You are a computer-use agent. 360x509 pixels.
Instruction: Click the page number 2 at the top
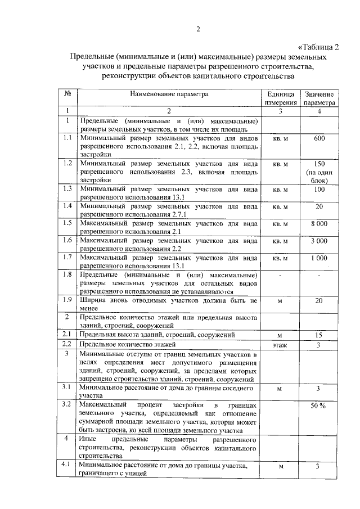[x=198, y=30]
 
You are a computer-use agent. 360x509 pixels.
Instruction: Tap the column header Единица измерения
[x=280, y=98]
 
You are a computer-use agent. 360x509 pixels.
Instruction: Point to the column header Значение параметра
[x=319, y=98]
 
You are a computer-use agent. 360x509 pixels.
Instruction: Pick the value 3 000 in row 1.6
[x=319, y=241]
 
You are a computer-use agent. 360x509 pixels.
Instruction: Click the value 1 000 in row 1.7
[x=319, y=258]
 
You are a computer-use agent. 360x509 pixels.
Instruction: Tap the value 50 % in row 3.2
[x=319, y=406]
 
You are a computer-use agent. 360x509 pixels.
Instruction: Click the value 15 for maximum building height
[x=319, y=335]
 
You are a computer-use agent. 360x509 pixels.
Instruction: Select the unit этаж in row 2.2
[x=280, y=345]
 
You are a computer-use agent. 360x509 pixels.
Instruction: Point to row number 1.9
[x=67, y=300]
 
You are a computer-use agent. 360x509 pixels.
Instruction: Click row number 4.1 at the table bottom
[x=67, y=465]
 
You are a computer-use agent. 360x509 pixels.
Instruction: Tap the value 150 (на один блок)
[x=319, y=173]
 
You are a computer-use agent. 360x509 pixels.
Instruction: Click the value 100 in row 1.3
[x=319, y=190]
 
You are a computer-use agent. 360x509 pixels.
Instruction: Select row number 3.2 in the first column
[x=67, y=404]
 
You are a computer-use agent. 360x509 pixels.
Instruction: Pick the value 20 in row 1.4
[x=319, y=206]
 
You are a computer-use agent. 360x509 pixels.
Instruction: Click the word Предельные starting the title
[x=91, y=57]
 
